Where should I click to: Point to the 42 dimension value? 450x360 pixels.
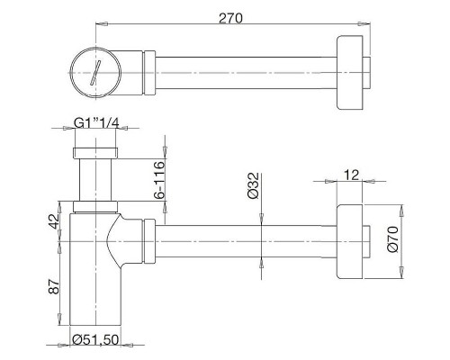pyautogui.click(x=54, y=222)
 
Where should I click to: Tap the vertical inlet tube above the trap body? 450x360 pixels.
pyautogui.click(x=93, y=180)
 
